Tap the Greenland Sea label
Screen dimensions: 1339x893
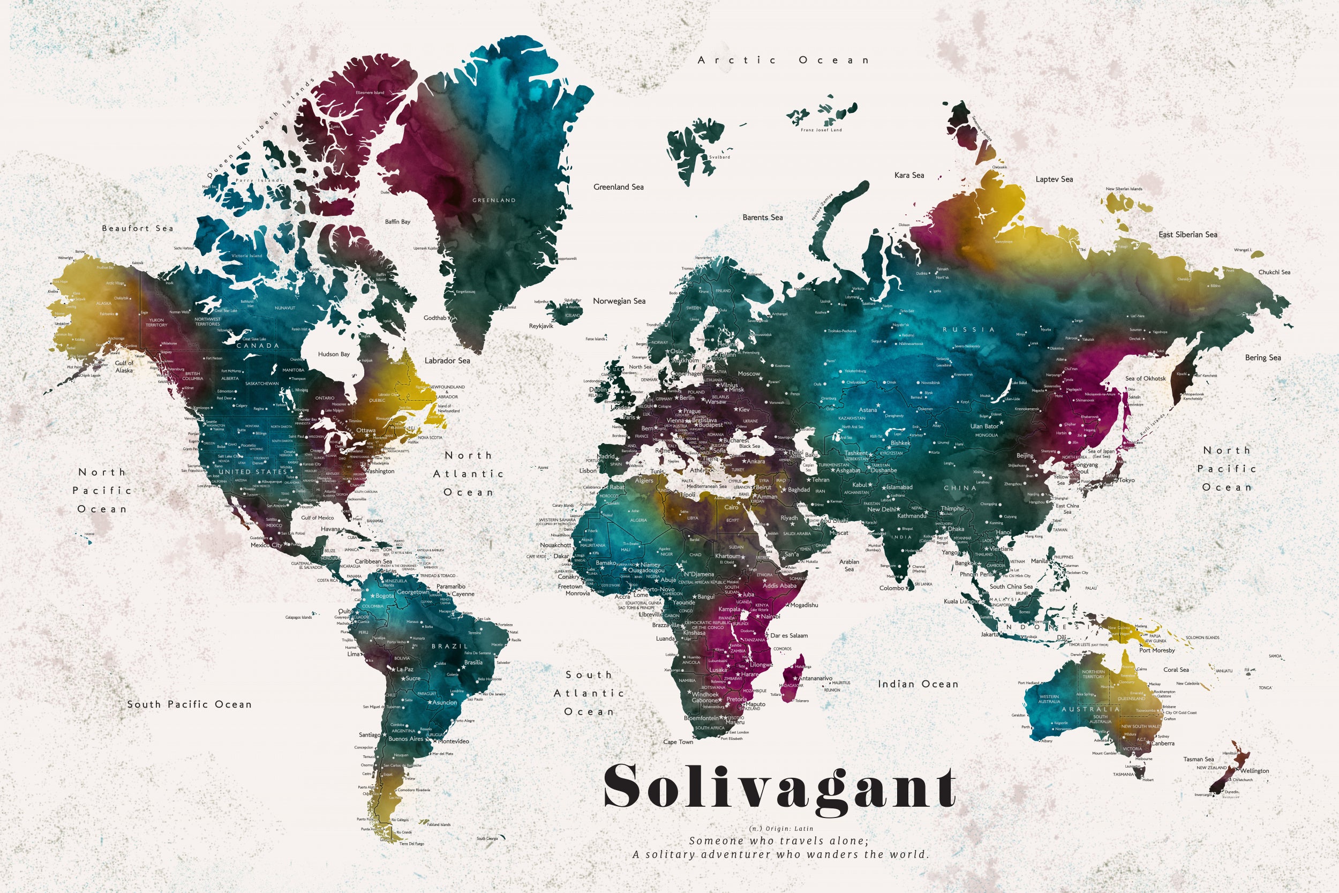pyautogui.click(x=618, y=187)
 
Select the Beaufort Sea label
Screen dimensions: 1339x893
pyautogui.click(x=137, y=228)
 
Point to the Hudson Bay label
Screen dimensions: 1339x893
pyautogui.click(x=334, y=354)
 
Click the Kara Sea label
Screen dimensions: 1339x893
pyautogui.click(x=909, y=175)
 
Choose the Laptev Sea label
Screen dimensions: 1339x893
pyautogui.click(x=1054, y=179)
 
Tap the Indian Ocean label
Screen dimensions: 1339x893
pyautogui.click(x=917, y=684)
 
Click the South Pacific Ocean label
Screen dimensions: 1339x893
pyautogui.click(x=189, y=704)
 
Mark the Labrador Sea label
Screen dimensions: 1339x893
pyautogui.click(x=447, y=361)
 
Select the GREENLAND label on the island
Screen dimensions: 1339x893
pyautogui.click(x=494, y=200)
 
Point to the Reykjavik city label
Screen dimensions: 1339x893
pyautogui.click(x=541, y=326)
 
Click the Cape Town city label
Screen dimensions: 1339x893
pyautogui.click(x=678, y=742)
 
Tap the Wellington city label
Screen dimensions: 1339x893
pyautogui.click(x=1255, y=771)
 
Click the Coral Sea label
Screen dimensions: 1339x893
pyautogui.click(x=1176, y=670)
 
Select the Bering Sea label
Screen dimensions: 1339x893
pyautogui.click(x=1263, y=358)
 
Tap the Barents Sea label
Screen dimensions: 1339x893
pyautogui.click(x=762, y=217)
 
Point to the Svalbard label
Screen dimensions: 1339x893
pyautogui.click(x=720, y=157)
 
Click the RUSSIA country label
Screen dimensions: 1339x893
pyautogui.click(x=968, y=330)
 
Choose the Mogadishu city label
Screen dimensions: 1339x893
pyautogui.click(x=804, y=605)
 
